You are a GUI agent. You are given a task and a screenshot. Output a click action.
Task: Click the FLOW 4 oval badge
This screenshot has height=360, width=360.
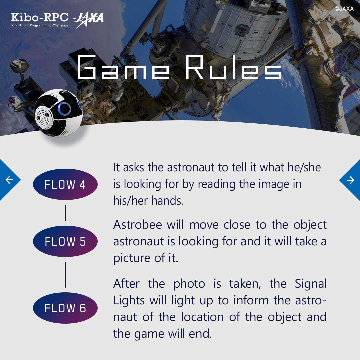(x=65, y=184)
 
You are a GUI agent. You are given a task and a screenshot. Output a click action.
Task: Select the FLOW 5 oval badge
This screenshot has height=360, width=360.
(x=65, y=241)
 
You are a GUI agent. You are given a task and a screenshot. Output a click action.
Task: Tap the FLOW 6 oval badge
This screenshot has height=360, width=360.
(x=65, y=308)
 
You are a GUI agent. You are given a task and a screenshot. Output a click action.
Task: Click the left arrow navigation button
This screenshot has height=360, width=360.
(x=9, y=180)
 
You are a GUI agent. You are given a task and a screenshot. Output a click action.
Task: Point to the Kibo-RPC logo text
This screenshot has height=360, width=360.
(x=40, y=17)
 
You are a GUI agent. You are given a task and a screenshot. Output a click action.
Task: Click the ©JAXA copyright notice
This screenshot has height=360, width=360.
(x=344, y=9)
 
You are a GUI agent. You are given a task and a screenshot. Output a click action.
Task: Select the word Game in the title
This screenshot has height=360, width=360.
(x=123, y=68)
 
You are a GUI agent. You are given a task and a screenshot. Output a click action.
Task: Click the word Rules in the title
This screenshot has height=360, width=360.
(x=233, y=68)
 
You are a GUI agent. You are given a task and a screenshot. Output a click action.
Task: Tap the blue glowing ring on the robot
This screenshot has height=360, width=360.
(x=64, y=109)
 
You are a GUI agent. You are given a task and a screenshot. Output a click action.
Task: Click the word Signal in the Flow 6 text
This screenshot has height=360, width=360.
(x=310, y=284)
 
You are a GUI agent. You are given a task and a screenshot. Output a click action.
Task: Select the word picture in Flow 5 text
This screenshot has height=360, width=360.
(x=133, y=258)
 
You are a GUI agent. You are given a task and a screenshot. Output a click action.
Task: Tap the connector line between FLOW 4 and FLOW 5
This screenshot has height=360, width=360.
(x=65, y=213)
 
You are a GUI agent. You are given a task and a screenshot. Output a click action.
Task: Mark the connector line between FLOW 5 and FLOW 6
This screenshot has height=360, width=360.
(x=65, y=274)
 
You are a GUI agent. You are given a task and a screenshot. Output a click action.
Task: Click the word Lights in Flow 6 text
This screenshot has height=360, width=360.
(x=129, y=300)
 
